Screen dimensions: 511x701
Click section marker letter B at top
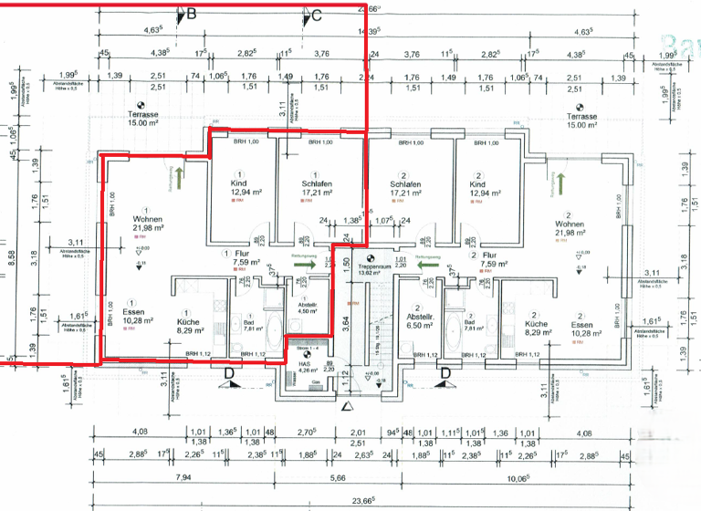tap(191, 14)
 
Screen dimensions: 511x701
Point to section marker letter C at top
tap(317, 16)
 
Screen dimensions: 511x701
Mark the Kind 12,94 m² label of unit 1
tap(239, 188)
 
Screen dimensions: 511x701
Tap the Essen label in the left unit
tap(132, 315)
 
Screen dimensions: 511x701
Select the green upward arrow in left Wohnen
tap(181, 172)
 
